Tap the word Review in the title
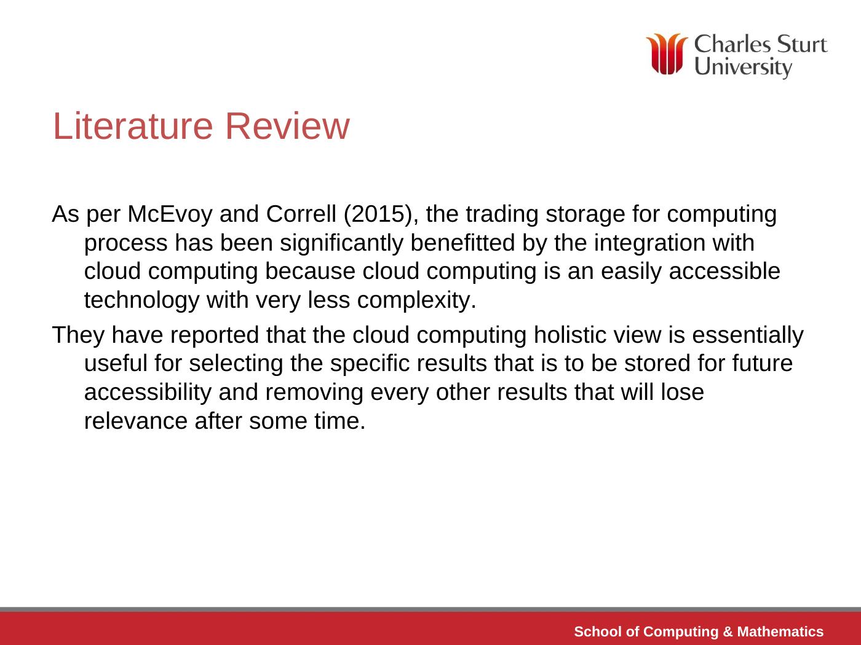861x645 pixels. point(287,126)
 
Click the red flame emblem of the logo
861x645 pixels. point(667,53)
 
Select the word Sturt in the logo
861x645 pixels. point(802,44)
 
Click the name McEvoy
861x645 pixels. point(170,214)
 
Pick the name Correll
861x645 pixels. point(301,214)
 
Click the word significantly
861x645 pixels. point(341,243)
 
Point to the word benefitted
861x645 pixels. point(462,243)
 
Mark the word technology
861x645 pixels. point(141,300)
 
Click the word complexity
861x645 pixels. point(416,300)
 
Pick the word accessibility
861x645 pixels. point(148,393)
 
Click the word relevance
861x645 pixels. point(136,421)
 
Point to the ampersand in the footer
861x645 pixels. point(728,631)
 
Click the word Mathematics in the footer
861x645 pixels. point(780,631)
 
